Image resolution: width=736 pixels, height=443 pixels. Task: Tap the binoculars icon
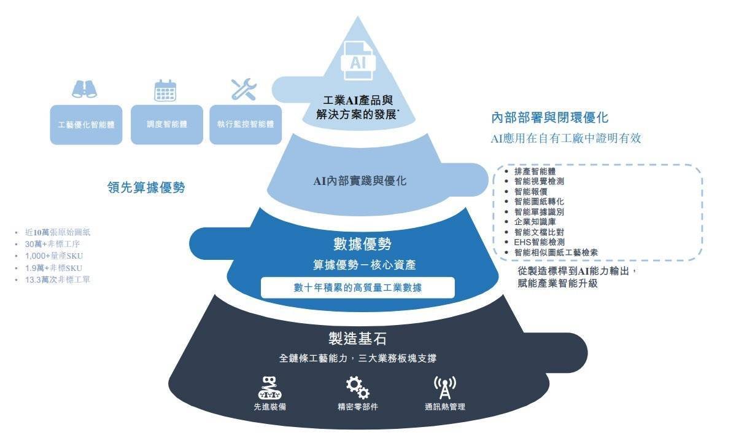tap(84, 90)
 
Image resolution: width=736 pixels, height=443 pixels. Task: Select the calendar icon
tap(165, 90)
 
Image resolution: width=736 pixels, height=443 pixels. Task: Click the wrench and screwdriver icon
tap(243, 90)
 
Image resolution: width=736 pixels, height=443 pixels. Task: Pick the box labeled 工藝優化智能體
tap(86, 124)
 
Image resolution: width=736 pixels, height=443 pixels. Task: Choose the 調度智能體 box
tap(167, 124)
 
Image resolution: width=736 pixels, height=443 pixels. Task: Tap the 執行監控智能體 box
tap(246, 124)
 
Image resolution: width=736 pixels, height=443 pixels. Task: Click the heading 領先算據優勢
tap(146, 188)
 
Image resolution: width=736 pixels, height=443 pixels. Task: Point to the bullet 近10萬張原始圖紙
tap(58, 233)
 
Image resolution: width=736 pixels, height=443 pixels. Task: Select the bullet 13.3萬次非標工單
tap(58, 280)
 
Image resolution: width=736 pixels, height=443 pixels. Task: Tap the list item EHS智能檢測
tap(540, 242)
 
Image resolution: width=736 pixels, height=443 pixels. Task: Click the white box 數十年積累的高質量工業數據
tap(357, 288)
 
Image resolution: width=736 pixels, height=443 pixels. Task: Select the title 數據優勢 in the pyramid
tap(362, 244)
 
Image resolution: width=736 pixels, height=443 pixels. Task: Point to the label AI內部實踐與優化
tap(360, 181)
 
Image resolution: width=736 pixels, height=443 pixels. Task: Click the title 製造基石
tap(357, 339)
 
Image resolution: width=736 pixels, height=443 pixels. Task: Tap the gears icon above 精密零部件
tap(357, 388)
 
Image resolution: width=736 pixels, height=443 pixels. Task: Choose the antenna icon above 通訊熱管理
tap(445, 387)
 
